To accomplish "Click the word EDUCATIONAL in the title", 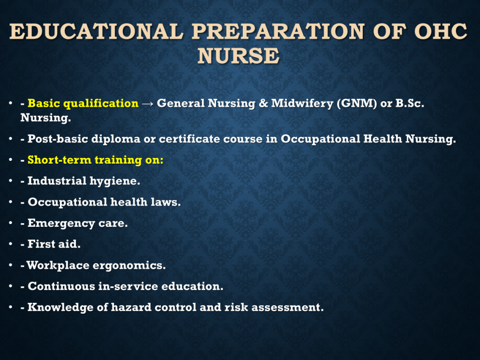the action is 97,31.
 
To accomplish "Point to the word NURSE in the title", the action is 239,56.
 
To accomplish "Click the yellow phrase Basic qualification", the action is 83,104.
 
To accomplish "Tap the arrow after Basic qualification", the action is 148,104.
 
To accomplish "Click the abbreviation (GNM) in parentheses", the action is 357,104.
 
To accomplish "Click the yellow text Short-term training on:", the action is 96,160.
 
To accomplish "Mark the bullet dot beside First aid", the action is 11,244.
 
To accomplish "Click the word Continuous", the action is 61,286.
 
